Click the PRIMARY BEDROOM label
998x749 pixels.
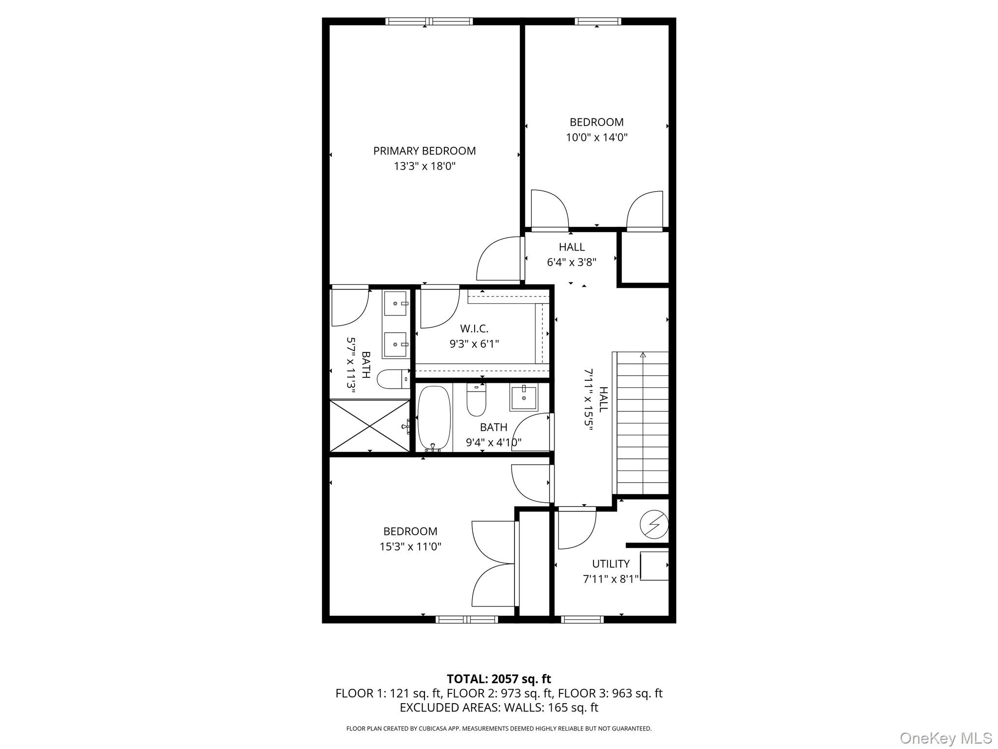pos(424,151)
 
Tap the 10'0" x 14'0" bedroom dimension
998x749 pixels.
pos(596,138)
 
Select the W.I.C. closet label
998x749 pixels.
pos(474,329)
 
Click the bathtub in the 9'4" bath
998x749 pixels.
pos(434,418)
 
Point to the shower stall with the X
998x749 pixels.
pos(370,426)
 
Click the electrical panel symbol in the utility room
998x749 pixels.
pos(653,524)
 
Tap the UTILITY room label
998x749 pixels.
pos(611,564)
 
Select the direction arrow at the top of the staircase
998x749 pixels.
pos(643,355)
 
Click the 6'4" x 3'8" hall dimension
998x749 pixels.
pos(572,262)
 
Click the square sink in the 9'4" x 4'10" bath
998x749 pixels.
pos(523,397)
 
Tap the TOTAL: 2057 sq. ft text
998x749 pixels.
pos(499,679)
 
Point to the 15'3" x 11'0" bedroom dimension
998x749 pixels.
pos(410,547)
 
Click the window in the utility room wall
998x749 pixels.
pos(582,620)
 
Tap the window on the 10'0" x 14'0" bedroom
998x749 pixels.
pos(598,21)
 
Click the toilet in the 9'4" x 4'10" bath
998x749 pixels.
pos(476,399)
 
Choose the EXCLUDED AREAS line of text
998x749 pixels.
pos(499,708)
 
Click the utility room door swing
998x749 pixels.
pos(577,528)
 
